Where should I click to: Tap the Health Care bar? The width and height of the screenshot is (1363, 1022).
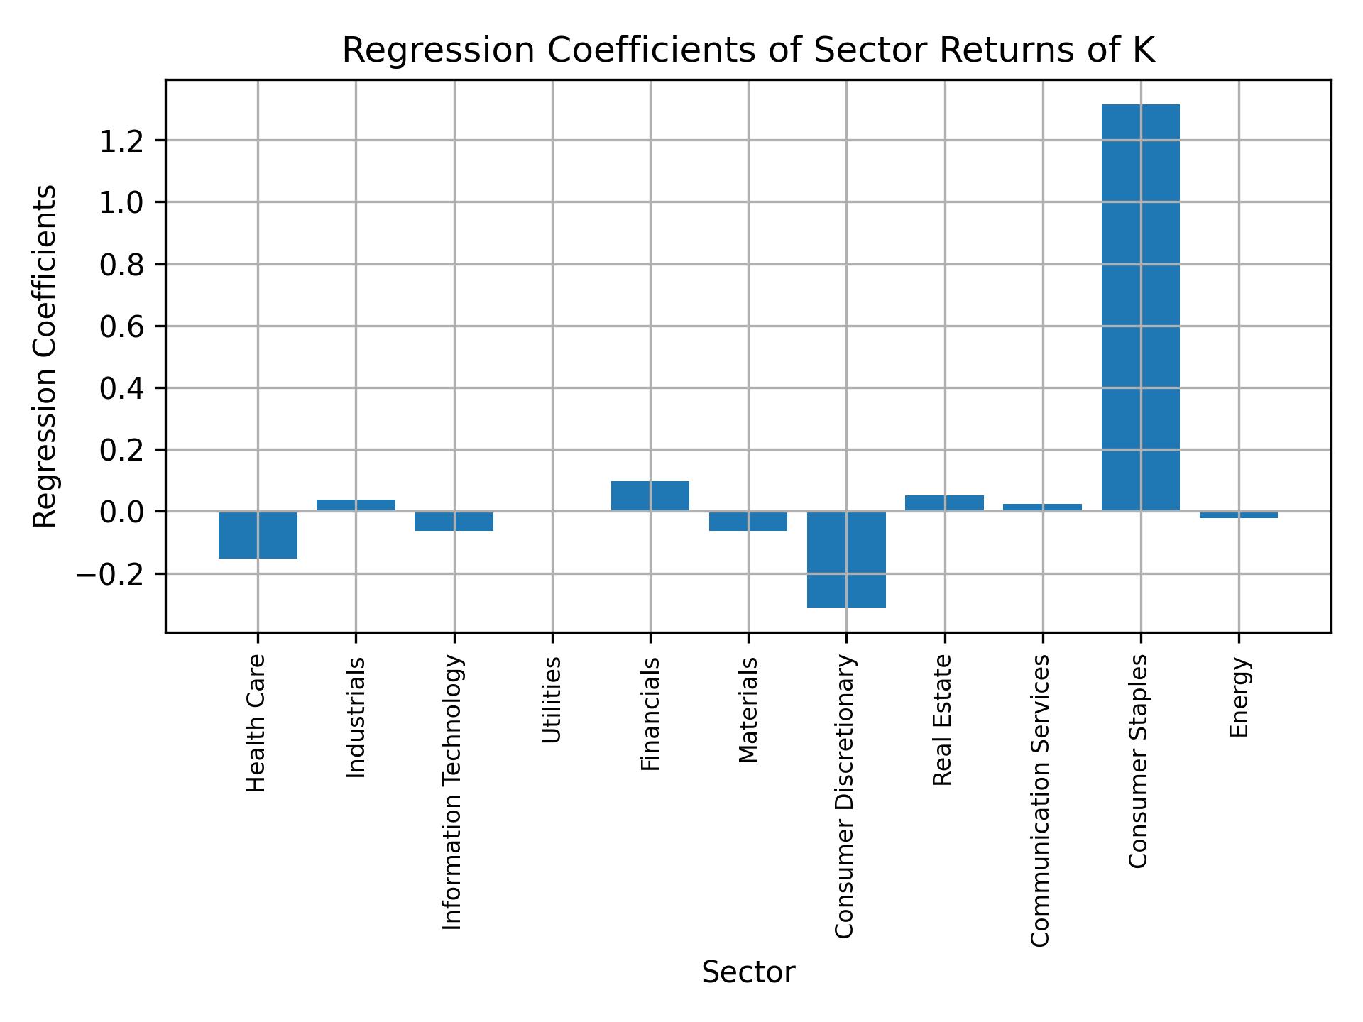(x=258, y=535)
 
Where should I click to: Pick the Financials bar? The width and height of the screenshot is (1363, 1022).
(x=650, y=496)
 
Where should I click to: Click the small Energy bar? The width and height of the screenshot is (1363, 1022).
(x=1239, y=515)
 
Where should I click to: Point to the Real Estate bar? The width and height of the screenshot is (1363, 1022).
(x=944, y=503)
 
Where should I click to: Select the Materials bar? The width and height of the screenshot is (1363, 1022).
(x=748, y=521)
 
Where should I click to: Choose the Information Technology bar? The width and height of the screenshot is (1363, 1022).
(x=454, y=521)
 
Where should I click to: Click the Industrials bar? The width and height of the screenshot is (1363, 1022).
(x=356, y=505)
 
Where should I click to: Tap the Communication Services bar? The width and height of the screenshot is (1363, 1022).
(x=1042, y=507)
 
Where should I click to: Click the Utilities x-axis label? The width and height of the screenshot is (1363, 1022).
(x=552, y=700)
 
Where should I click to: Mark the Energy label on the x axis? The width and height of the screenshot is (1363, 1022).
(x=1239, y=697)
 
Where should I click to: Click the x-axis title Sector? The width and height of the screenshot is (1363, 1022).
(x=748, y=973)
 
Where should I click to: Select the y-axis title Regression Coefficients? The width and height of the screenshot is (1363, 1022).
(x=45, y=356)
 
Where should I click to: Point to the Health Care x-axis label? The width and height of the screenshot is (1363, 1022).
(x=256, y=722)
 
